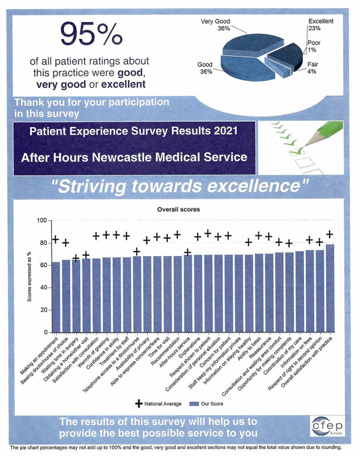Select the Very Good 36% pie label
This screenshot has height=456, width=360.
(x=215, y=24)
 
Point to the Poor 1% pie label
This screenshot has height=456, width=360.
(x=314, y=47)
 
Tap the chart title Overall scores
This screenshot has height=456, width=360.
(x=178, y=209)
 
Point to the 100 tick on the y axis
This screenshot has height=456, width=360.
(x=41, y=221)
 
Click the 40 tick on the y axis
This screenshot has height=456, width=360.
(x=43, y=288)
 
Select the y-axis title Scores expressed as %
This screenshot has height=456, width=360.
(x=29, y=276)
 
